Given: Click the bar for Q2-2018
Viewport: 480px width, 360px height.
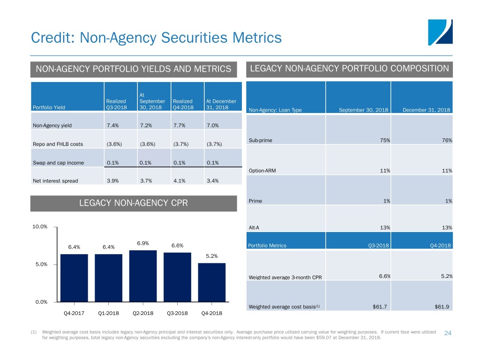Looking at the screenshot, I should (143, 276).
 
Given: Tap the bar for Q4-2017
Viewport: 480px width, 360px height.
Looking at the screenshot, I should (74, 278).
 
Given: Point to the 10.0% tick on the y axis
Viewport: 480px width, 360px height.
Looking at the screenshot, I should (40, 227).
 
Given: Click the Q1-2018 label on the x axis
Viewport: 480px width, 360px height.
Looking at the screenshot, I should (108, 313).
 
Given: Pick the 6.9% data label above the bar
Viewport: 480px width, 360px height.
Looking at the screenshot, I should (143, 243).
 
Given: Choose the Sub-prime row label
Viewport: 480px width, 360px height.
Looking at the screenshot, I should (260, 140).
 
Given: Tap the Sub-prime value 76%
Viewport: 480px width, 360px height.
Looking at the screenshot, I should (446, 140).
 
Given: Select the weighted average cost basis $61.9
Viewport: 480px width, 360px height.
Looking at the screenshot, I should (442, 307).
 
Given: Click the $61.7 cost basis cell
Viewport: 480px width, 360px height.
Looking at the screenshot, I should (380, 307).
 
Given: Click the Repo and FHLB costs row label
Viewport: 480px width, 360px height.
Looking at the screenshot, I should (58, 144).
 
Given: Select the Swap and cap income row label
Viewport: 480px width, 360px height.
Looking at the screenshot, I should (58, 162).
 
